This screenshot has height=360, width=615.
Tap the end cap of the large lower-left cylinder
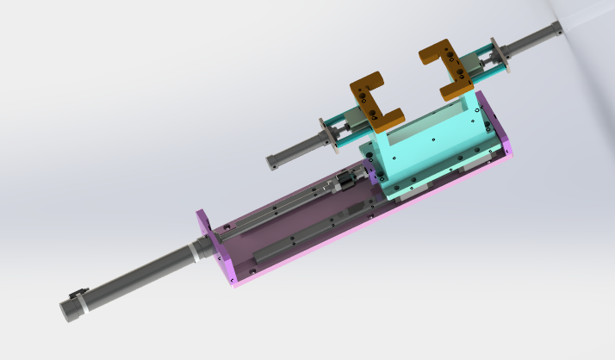pyautogui.click(x=67, y=310)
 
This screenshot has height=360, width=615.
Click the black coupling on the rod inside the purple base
pyautogui.click(x=345, y=181)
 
